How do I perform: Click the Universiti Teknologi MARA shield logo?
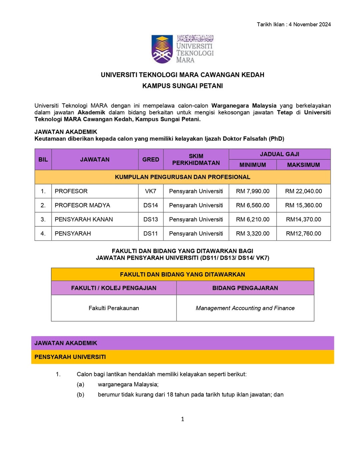162,49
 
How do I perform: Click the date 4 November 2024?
310,24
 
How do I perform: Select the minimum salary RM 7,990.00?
253,191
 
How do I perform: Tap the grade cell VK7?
151,191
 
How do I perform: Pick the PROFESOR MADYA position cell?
82,205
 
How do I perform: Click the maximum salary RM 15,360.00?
303,205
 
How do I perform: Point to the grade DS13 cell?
151,219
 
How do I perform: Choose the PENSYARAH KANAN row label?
84,219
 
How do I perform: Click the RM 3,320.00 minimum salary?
253,234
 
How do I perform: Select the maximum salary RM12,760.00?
303,234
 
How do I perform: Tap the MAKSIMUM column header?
303,165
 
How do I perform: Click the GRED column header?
151,160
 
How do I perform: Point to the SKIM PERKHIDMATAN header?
196,160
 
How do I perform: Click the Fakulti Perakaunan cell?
114,308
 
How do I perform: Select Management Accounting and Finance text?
245,308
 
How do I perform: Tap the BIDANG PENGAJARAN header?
245,288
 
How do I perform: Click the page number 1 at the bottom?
182,419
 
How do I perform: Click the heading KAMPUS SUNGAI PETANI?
182,86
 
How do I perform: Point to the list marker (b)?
80,395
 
